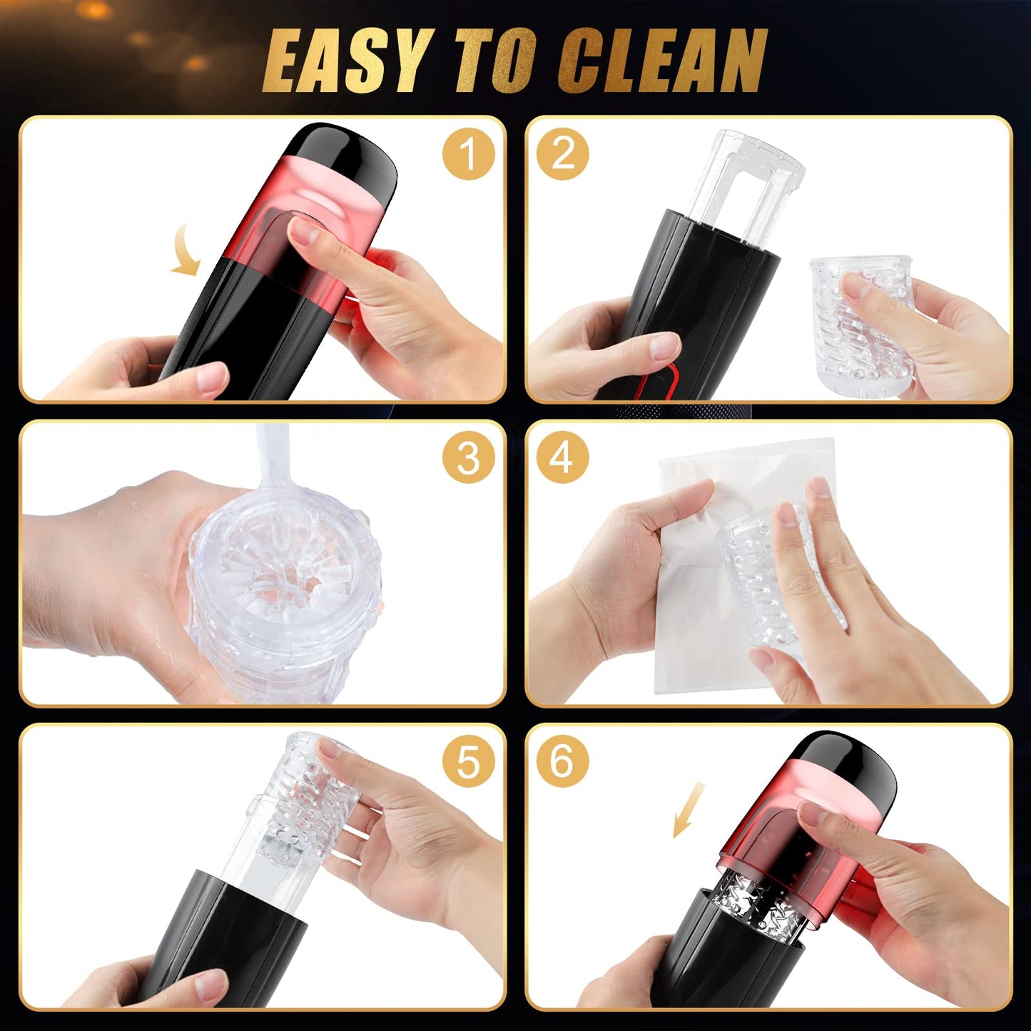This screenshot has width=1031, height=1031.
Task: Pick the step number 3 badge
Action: (467, 458)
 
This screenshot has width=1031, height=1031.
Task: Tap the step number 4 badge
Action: (563, 458)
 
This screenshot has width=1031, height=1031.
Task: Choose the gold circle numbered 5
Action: (467, 762)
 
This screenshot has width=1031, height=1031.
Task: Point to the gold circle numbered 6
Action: (563, 762)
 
